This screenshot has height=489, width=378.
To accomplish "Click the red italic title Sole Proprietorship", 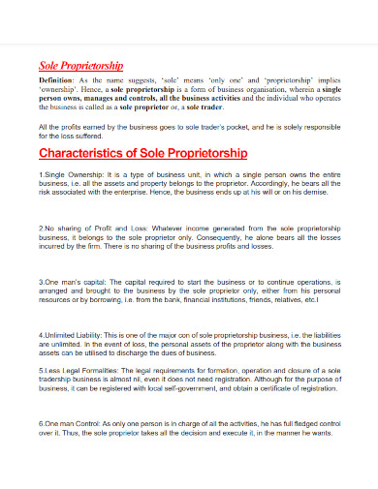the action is tap(80, 65).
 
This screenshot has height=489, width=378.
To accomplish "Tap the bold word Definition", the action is tap(57, 80).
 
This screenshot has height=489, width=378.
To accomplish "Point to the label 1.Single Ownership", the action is tap(69, 175).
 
